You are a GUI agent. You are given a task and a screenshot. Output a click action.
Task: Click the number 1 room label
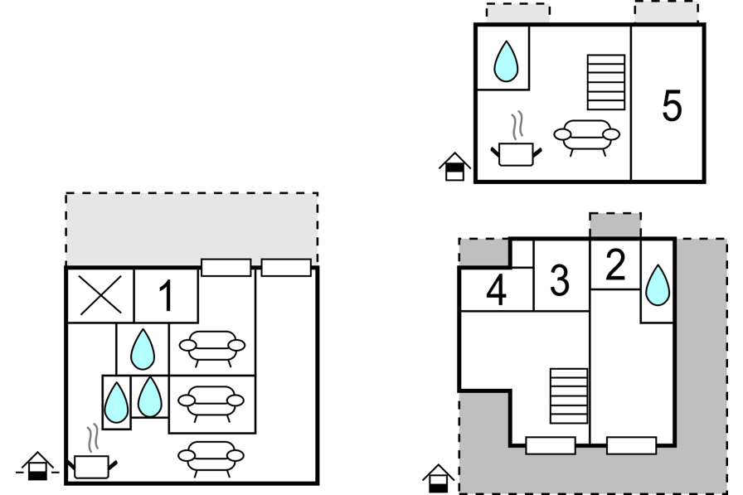tap(166, 296)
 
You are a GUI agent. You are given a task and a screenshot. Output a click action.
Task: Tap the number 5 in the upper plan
tap(672, 105)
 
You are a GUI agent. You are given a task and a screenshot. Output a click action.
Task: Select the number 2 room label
tap(615, 264)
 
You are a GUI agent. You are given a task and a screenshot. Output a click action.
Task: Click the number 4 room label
tap(496, 292)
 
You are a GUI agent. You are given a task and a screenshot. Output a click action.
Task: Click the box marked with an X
tap(100, 295)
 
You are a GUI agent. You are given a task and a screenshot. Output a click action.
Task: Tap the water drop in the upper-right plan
tap(505, 61)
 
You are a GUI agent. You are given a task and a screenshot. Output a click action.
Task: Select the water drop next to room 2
tap(657, 284)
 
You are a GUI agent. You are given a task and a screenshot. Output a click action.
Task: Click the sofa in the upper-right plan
tap(586, 134)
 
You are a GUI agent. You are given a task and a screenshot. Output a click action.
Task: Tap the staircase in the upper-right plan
tap(605, 82)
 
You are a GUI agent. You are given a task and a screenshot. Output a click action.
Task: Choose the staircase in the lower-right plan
tap(568, 396)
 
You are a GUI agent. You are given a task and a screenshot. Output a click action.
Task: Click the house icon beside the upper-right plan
tap(454, 166)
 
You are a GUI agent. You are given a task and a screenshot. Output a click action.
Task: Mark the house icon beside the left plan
tap(37, 466)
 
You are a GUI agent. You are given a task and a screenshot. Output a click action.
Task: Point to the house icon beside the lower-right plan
tap(438, 478)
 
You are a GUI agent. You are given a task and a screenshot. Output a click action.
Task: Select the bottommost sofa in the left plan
tap(211, 455)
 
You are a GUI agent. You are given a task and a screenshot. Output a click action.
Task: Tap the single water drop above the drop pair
tap(142, 349)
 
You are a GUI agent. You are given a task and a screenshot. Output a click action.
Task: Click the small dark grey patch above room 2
tap(614, 225)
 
